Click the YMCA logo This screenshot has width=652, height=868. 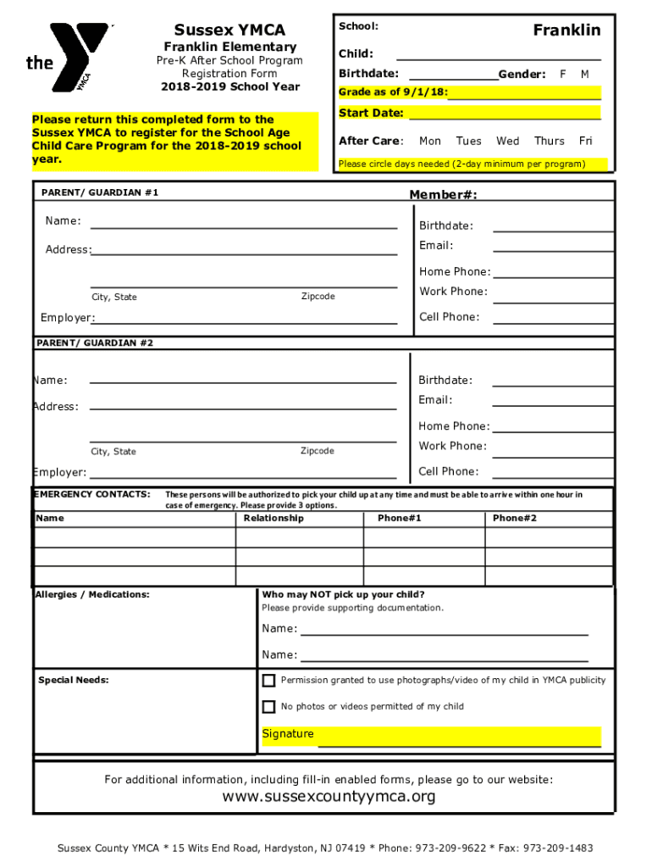[68, 57]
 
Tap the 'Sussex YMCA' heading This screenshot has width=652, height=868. [229, 31]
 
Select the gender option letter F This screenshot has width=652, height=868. [563, 75]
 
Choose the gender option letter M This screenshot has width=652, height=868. [584, 75]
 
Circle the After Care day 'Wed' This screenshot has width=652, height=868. [508, 141]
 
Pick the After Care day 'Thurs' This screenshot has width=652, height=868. [550, 141]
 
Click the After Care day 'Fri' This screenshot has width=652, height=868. [586, 141]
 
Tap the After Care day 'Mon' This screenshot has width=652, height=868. [430, 141]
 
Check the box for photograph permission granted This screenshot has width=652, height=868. [268, 681]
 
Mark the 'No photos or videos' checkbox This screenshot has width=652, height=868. [268, 707]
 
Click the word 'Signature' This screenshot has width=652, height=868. [288, 734]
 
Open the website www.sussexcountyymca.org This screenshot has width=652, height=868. [329, 797]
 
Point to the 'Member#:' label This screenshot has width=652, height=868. [443, 196]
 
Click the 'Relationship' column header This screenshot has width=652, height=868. [274, 518]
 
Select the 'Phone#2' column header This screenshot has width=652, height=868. [515, 518]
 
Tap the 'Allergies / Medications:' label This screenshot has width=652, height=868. [92, 594]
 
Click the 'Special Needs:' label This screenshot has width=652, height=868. [74, 680]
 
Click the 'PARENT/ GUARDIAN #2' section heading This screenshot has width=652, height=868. [96, 342]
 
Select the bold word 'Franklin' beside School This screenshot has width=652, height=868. [566, 31]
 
